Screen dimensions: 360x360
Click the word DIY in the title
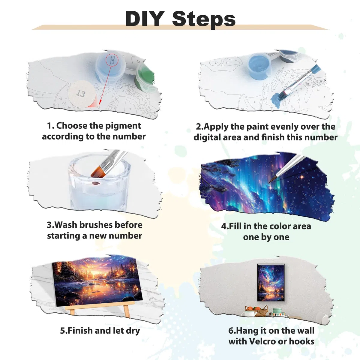pos(145,19)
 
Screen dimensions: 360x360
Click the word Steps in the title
pos(204,19)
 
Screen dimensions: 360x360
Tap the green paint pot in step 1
pos(145,77)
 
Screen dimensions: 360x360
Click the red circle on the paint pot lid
pos(112,60)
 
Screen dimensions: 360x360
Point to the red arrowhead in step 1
pos(100,102)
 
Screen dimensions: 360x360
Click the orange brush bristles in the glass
pos(99,170)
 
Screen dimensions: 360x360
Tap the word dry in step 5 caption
pos(133,331)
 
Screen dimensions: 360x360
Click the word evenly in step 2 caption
pos(285,127)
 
